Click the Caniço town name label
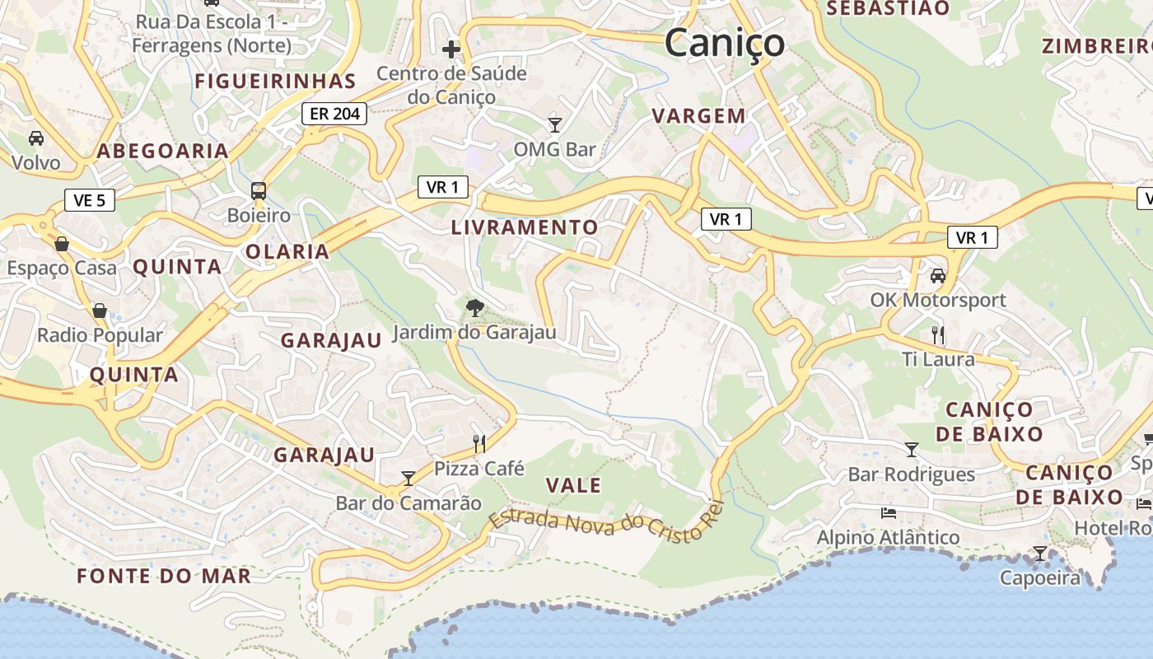tap(724, 42)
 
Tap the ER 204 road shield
tap(335, 114)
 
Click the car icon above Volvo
tap(36, 138)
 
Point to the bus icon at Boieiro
tap(259, 191)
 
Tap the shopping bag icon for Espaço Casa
tap(62, 243)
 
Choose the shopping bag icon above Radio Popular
tap(100, 311)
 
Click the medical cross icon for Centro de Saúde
tap(451, 49)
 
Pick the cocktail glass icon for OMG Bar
tap(555, 124)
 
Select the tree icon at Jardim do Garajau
tap(474, 309)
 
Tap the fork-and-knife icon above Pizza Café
tap(479, 444)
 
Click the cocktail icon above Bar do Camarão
tap(408, 478)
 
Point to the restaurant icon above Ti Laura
tap(937, 334)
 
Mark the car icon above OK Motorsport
tap(938, 275)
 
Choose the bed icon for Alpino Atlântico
tap(888, 512)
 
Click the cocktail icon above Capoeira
tap(1040, 553)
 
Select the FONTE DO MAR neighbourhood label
tap(164, 576)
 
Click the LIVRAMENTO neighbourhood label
tap(525, 227)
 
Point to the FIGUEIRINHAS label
tap(275, 81)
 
